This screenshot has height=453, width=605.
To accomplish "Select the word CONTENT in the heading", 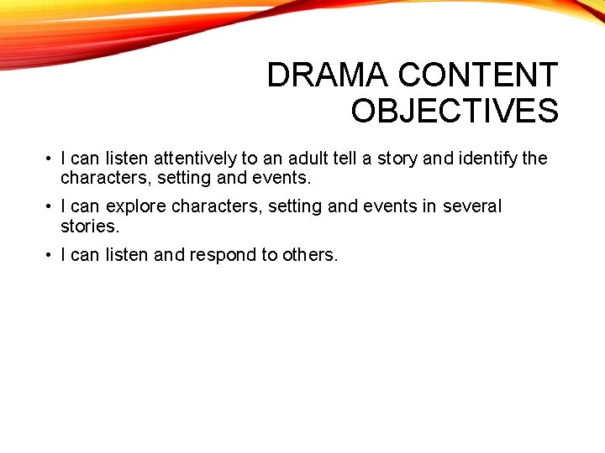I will click(x=478, y=75).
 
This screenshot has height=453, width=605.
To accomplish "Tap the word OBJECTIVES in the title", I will click(x=455, y=111).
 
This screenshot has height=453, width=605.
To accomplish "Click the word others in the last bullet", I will click(x=310, y=255).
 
